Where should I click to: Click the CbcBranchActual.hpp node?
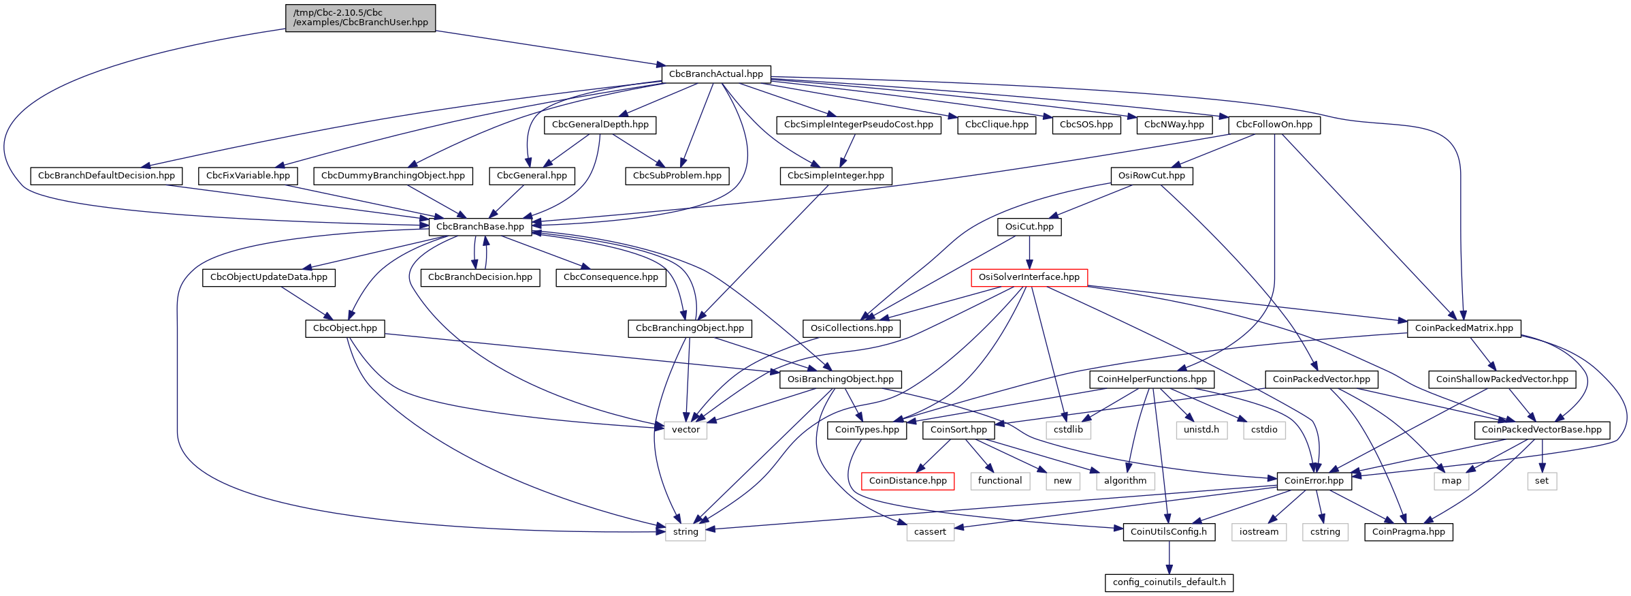715,74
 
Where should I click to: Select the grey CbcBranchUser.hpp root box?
360,18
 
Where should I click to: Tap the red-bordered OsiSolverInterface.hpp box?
1029,277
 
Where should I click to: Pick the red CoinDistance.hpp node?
907,481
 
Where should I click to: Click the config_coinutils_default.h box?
1169,582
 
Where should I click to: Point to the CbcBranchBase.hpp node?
480,227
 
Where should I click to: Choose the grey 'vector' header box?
685,430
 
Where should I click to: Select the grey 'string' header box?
685,532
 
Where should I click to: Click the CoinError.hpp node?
1314,481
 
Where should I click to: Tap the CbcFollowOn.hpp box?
1274,125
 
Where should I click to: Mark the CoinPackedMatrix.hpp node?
1464,328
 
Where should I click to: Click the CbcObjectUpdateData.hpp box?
268,277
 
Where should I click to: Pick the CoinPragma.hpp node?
1408,532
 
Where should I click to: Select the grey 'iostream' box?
1259,532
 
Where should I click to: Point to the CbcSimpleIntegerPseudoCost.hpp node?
858,125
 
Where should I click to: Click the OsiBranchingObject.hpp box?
840,379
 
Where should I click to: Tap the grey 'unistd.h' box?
1201,430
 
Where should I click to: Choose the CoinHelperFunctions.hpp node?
1152,379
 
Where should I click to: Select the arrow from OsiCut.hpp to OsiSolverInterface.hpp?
1029,252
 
